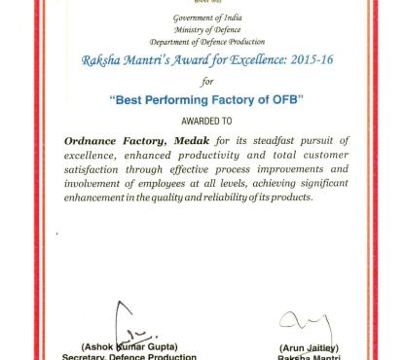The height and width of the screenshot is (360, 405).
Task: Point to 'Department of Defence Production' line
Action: click(x=202, y=43)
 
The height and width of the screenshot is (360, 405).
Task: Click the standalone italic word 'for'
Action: click(x=202, y=80)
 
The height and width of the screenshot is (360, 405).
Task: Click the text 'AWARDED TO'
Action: click(x=202, y=122)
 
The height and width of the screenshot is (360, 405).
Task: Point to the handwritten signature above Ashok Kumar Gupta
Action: click(x=128, y=321)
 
